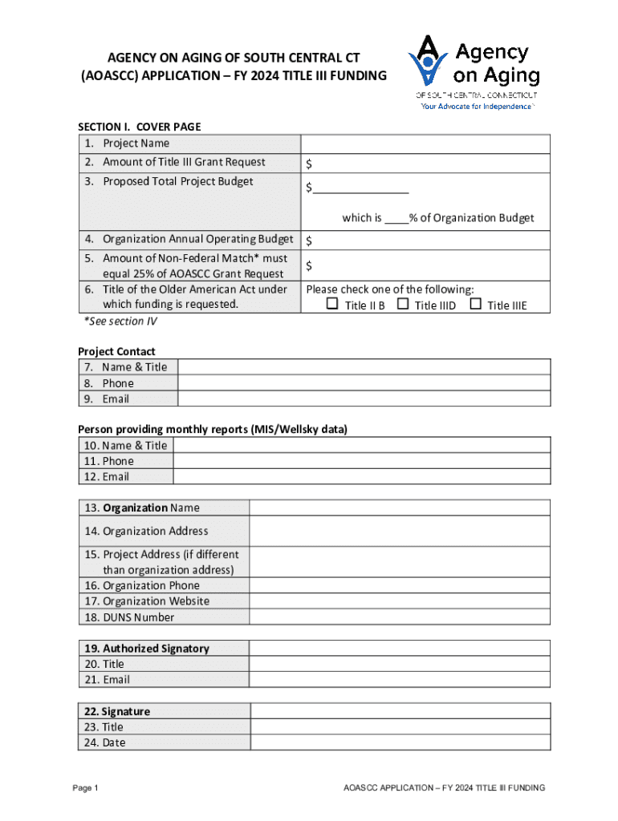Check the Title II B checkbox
(332, 305)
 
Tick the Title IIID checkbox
(403, 305)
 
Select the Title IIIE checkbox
(475, 305)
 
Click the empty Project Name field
(425, 144)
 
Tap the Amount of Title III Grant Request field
(425, 164)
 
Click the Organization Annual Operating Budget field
(425, 240)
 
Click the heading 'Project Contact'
(116, 351)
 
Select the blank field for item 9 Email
(364, 398)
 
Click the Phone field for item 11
(361, 461)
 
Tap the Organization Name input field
(400, 508)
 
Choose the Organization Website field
(400, 601)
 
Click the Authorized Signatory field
(400, 648)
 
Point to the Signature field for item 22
(400, 711)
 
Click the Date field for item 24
(400, 742)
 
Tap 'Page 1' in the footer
(85, 788)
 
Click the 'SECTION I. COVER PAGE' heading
(139, 127)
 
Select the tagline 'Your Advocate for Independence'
(477, 107)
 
